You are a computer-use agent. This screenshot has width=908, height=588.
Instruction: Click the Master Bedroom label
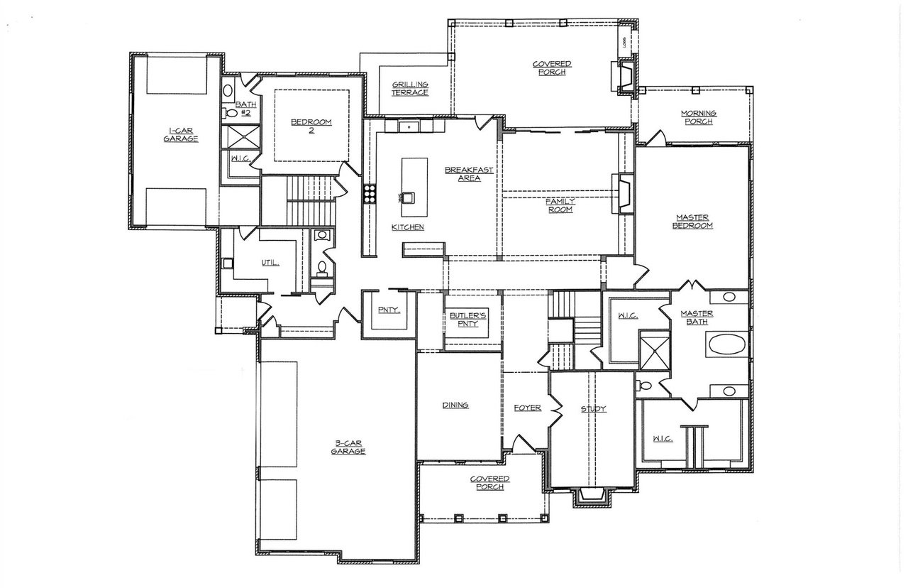pyautogui.click(x=693, y=221)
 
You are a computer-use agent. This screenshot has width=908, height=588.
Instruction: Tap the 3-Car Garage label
pyautogui.click(x=350, y=447)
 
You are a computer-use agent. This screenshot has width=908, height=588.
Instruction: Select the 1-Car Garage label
pyautogui.click(x=180, y=134)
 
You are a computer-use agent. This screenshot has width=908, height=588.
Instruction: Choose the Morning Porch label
pyautogui.click(x=698, y=117)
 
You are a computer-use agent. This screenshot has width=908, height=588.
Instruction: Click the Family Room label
pyautogui.click(x=559, y=205)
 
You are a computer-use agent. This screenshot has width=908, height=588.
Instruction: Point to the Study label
pyautogui.click(x=593, y=409)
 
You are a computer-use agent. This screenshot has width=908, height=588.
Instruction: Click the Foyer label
pyautogui.click(x=527, y=408)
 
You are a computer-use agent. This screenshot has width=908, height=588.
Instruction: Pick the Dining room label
pyautogui.click(x=455, y=405)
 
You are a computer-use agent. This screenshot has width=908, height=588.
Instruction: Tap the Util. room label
pyautogui.click(x=270, y=262)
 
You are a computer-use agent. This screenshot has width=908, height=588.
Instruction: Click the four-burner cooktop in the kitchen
pyautogui.click(x=370, y=194)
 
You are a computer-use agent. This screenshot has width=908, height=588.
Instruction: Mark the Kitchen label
pyautogui.click(x=408, y=227)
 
